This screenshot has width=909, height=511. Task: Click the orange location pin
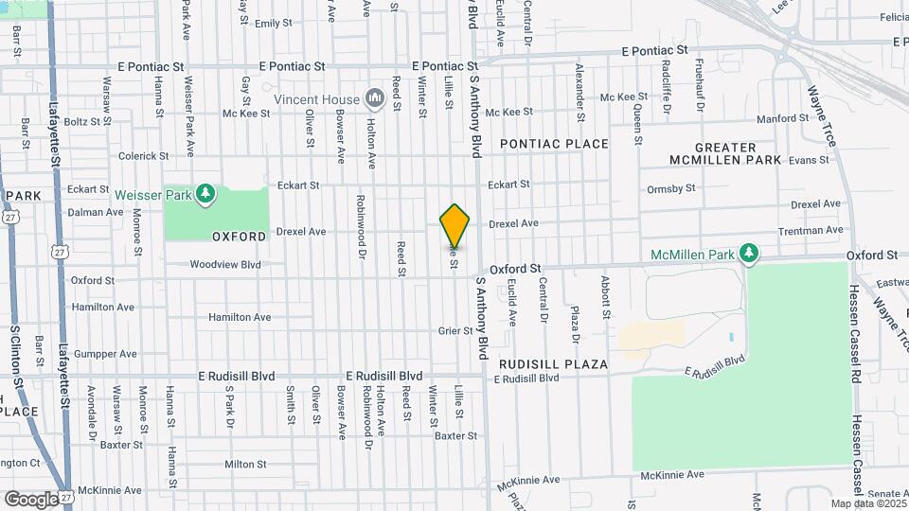[x=454, y=225]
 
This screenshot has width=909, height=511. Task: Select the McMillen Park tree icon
[x=749, y=253]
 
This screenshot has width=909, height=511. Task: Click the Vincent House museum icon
[x=374, y=97]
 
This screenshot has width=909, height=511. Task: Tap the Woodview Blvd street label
[x=225, y=265]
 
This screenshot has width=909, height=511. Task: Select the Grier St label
[x=454, y=330]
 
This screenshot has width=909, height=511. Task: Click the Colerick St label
[x=143, y=156]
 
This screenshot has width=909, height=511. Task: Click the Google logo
[x=30, y=499]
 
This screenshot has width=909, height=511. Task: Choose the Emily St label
[x=273, y=23]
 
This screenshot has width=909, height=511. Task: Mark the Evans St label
[x=809, y=161]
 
